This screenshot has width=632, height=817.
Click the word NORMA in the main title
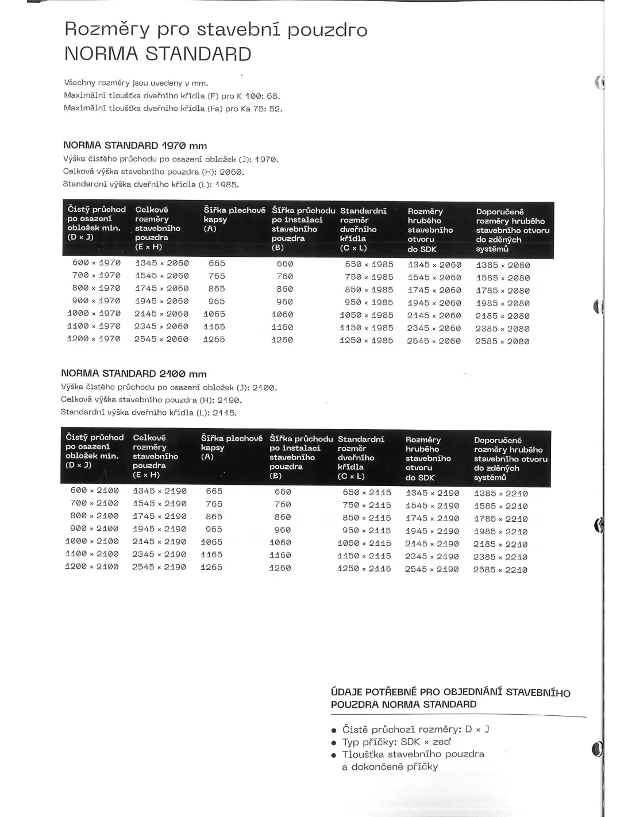point(101,54)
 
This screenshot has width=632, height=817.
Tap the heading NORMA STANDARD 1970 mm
point(135,145)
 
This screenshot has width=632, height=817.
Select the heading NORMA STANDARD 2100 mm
point(134,373)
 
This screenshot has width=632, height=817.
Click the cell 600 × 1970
point(97,263)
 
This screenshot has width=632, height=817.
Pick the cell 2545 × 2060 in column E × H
point(161,339)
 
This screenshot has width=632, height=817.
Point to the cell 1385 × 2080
point(503,265)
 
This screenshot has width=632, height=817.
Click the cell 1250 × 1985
point(366,340)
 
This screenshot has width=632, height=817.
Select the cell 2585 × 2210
point(500,569)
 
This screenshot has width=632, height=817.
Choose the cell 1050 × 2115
point(364,543)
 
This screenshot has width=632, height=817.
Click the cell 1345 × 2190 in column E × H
point(160,491)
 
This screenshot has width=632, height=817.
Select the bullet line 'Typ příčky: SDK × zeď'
point(396,742)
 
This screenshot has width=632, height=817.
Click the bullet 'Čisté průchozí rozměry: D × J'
point(415,729)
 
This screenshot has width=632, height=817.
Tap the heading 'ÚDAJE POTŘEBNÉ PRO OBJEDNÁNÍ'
point(450,698)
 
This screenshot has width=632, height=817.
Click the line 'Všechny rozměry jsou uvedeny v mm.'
point(136,83)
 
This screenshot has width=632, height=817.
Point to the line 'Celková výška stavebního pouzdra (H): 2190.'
point(152,399)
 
